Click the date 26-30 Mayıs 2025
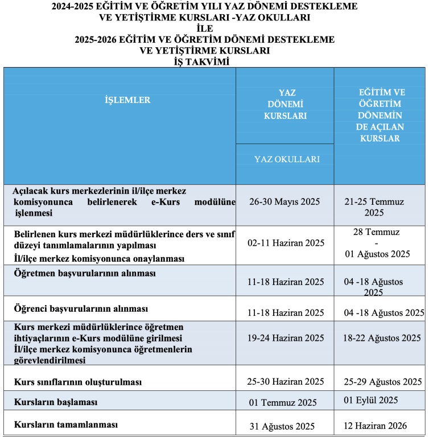(284, 201)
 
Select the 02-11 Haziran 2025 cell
(286, 242)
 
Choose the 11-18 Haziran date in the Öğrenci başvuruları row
(286, 312)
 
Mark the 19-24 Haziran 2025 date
(286, 338)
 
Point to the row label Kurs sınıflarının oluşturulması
(77, 380)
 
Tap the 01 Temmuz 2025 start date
(284, 403)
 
